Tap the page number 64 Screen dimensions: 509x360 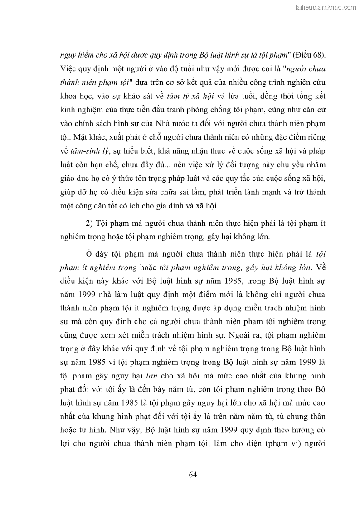click(x=193, y=475)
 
